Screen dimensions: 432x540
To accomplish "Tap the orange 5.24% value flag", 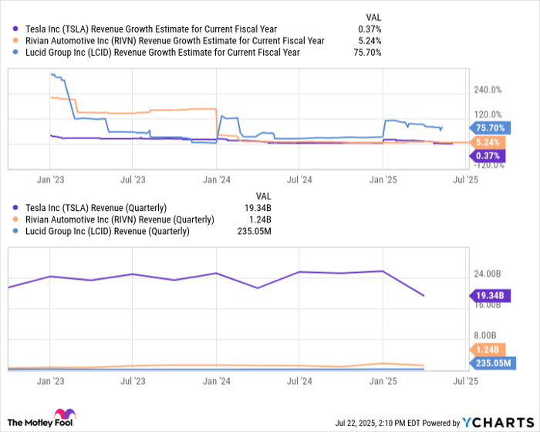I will click(488, 143).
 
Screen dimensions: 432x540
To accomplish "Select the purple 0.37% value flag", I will click(488, 155).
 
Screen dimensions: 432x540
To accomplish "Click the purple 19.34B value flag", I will click(488, 295).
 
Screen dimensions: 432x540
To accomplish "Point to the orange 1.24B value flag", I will click(488, 350).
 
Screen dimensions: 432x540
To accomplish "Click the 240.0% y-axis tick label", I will click(488, 90).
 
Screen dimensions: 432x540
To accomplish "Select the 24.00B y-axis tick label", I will click(488, 274).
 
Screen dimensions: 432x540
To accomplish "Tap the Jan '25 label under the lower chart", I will click(383, 380).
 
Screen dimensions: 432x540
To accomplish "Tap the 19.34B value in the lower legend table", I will click(270, 208).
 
